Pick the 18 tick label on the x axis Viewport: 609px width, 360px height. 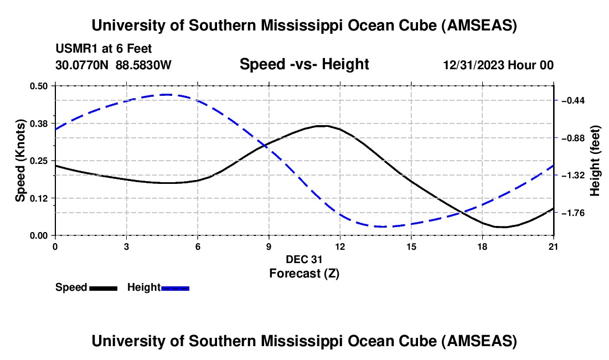(482, 246)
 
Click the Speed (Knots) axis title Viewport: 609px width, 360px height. (20, 161)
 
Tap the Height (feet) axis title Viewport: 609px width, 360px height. (595, 161)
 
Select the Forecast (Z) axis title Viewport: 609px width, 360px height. (304, 273)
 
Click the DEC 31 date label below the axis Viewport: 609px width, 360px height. (304, 259)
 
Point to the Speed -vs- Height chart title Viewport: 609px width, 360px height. (304, 65)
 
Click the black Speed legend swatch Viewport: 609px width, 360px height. (103, 287)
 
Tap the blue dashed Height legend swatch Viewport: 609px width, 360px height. (175, 287)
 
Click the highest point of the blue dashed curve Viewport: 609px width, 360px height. (166, 95)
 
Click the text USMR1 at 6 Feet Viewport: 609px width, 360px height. (104, 49)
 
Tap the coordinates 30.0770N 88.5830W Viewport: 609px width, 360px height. (113, 65)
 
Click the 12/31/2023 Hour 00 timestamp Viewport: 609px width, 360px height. (498, 65)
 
